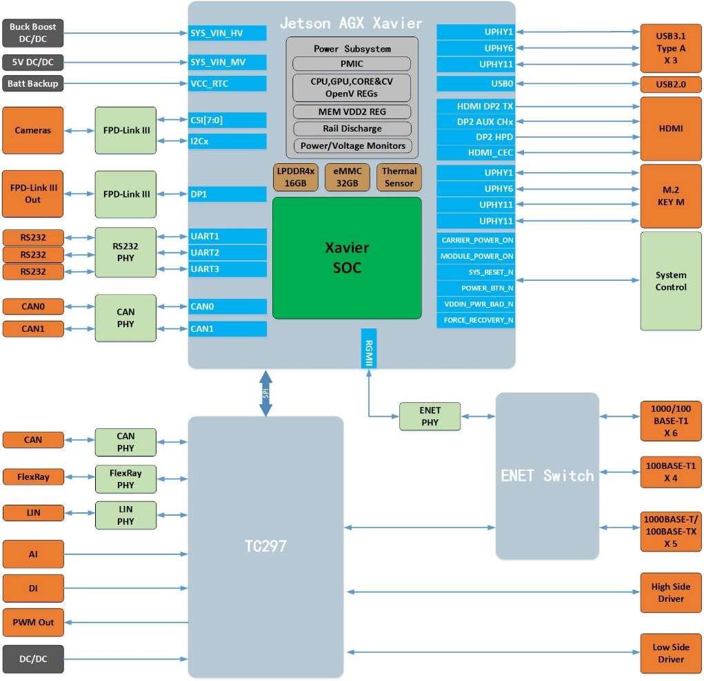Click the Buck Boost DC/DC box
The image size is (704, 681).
pyautogui.click(x=33, y=33)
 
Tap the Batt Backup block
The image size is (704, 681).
pyautogui.click(x=33, y=84)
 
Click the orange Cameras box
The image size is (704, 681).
pyautogui.click(x=33, y=130)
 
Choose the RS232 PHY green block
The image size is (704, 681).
pyautogui.click(x=125, y=253)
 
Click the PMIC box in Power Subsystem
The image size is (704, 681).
pyautogui.click(x=352, y=64)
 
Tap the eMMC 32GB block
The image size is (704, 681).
pyautogui.click(x=348, y=177)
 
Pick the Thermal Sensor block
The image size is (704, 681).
pyautogui.click(x=399, y=177)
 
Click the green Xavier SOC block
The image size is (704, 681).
pyautogui.click(x=347, y=258)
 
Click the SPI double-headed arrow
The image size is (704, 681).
pyautogui.click(x=265, y=393)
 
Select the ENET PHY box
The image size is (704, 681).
pyautogui.click(x=430, y=417)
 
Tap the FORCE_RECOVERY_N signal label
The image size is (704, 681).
pyautogui.click(x=476, y=320)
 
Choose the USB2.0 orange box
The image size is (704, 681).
pyautogui.click(x=670, y=85)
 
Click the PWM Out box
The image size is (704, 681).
pyautogui.click(x=33, y=622)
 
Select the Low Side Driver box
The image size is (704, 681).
pyautogui.click(x=670, y=653)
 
